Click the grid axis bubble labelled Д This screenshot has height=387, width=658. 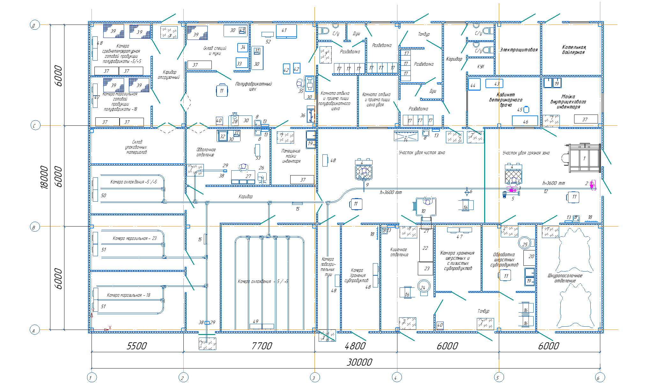click(34, 25)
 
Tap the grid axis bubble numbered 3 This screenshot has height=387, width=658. click(314, 378)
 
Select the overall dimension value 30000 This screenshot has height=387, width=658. click(359, 362)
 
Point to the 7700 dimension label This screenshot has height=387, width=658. click(262, 346)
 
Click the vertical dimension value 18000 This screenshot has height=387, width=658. click(44, 177)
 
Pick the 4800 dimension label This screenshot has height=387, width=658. click(355, 346)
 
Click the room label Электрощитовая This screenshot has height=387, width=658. click(519, 50)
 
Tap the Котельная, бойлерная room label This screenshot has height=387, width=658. click(574, 50)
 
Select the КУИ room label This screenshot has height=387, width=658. click(480, 67)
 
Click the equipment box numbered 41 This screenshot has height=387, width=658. click(286, 31)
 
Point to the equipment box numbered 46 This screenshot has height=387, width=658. click(525, 121)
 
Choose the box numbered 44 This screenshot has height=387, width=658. click(474, 85)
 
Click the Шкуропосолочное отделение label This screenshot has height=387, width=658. click(565, 278)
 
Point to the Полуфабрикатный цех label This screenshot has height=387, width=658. click(253, 86)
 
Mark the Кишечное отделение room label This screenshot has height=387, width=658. click(399, 252)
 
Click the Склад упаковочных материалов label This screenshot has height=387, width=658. click(136, 147)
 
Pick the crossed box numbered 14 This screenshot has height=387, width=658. click(406, 136)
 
